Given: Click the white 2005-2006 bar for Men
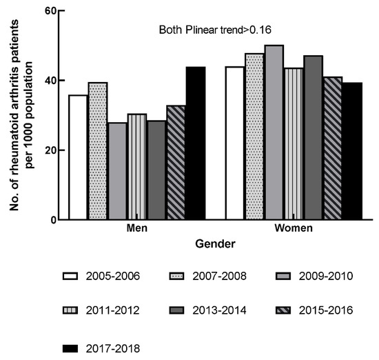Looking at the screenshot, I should [x=78, y=157].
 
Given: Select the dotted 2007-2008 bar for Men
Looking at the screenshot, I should [x=97, y=151].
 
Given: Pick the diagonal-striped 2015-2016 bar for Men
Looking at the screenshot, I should [x=176, y=163].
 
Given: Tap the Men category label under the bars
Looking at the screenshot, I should [x=137, y=229].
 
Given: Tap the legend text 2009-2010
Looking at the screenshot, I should [x=327, y=277].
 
